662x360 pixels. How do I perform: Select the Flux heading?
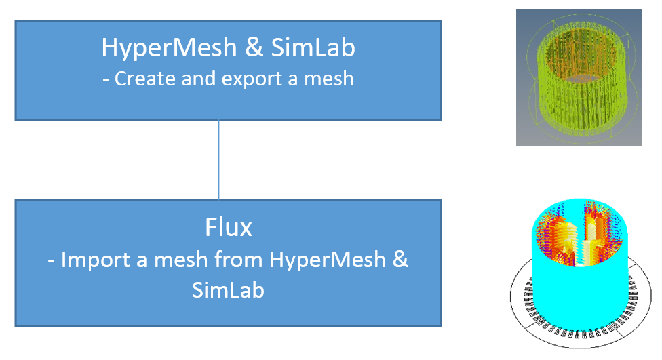[x=228, y=227]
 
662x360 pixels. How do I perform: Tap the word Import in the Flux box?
[x=99, y=260]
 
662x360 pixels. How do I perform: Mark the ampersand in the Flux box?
[x=400, y=260]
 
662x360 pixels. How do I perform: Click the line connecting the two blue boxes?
[x=219, y=160]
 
